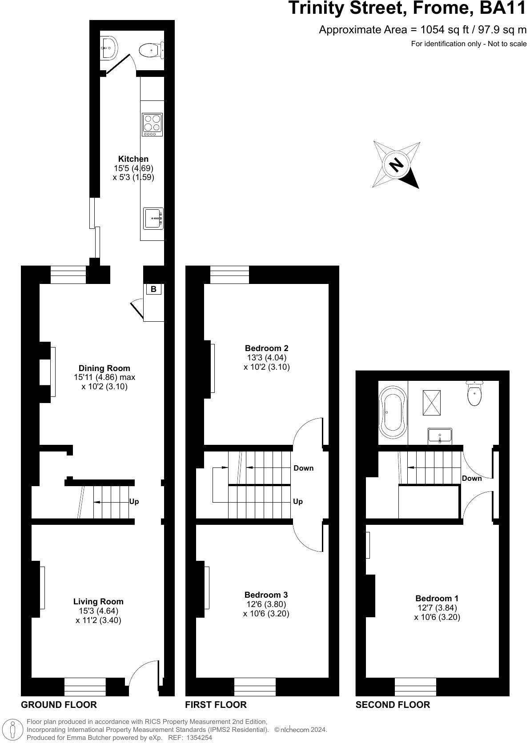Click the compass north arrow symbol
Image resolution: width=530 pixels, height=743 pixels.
tap(396, 165)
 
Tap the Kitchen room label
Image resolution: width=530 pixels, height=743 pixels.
tap(133, 159)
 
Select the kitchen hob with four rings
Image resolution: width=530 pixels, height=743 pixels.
tap(152, 124)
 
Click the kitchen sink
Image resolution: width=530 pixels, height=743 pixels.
tap(153, 219)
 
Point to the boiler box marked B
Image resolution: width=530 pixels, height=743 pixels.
tap(153, 289)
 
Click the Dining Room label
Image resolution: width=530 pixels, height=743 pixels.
tap(104, 368)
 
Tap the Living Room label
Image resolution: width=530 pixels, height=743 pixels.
tap(98, 602)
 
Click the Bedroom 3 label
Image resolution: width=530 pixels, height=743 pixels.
tap(266, 595)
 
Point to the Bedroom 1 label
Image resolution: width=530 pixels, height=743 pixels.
tap(437, 599)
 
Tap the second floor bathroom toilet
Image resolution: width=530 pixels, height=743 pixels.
tap(475, 394)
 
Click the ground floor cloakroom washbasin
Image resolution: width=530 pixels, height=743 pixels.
tap(109, 46)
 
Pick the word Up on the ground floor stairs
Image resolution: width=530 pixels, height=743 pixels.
tap(134, 501)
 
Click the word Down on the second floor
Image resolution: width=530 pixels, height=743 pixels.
tap(472, 479)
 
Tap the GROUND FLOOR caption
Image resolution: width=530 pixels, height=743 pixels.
tap(59, 704)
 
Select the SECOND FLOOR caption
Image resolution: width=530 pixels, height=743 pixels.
tap(393, 704)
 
